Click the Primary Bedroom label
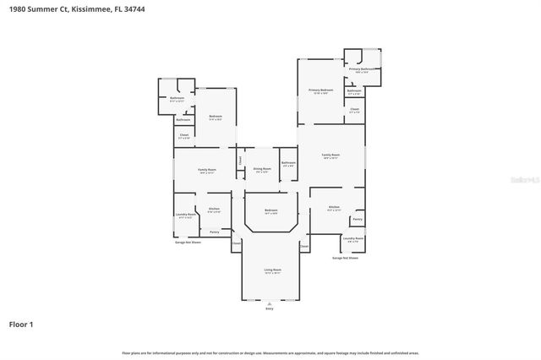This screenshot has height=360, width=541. [x=320, y=90]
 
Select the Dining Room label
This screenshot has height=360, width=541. [x=262, y=170]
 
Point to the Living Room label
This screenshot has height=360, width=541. [x=272, y=271]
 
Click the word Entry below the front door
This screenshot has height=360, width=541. [x=270, y=308]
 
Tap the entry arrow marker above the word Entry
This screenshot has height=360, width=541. [x=270, y=303]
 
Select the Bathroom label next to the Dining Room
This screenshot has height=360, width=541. [x=288, y=163]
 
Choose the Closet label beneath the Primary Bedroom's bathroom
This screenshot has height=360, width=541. [x=354, y=110]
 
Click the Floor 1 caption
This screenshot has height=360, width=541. [x=21, y=324]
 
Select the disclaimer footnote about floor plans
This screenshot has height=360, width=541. [x=270, y=352]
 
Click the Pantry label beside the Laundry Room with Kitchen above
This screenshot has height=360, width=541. [x=358, y=219]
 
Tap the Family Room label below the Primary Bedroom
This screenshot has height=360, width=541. [x=331, y=156]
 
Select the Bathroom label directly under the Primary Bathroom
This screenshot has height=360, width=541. [x=354, y=91]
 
